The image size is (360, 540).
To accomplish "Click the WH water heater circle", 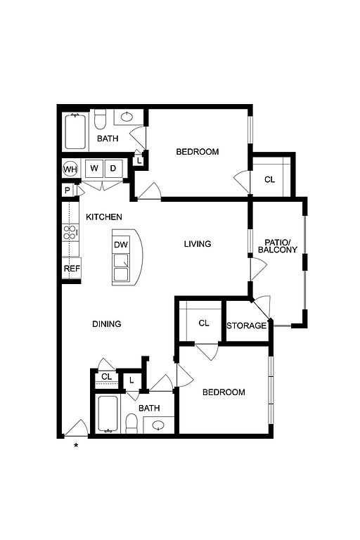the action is [x=70, y=169].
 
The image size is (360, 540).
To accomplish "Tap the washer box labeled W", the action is [x=94, y=169].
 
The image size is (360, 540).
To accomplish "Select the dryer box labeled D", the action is [x=113, y=169].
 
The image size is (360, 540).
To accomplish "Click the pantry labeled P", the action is [x=67, y=191].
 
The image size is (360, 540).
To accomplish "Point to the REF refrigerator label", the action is [x=72, y=269].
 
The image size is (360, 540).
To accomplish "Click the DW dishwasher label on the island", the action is [x=120, y=245].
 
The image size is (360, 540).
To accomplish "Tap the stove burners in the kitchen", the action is [x=70, y=232].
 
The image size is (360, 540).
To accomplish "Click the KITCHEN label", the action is [x=103, y=217].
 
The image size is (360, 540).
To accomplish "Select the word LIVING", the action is [x=198, y=244].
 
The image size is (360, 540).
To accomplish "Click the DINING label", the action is [x=107, y=323].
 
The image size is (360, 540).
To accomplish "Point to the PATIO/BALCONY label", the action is [x=278, y=246].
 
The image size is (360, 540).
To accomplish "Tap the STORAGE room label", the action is [x=247, y=326].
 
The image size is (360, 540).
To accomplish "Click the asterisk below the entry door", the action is [x=76, y=446].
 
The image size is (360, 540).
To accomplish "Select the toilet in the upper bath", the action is [x=101, y=119].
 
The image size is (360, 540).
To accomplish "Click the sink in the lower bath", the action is [x=158, y=425].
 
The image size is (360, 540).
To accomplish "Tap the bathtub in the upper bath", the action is [x=75, y=131].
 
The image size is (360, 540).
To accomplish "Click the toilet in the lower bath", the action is [x=131, y=423].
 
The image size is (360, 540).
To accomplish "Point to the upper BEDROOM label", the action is [x=198, y=152].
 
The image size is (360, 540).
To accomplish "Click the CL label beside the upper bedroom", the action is [x=270, y=179].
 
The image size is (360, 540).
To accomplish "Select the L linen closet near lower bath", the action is [x=131, y=380].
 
